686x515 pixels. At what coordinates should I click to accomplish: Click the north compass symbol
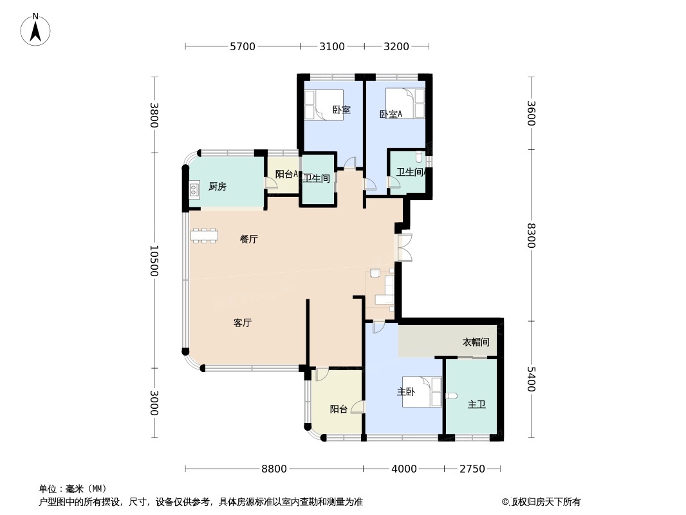click(x=35, y=29)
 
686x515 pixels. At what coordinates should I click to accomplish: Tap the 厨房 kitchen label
click(x=218, y=187)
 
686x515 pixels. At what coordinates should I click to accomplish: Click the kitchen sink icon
click(x=194, y=189)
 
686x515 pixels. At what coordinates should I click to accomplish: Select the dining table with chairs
click(x=204, y=235)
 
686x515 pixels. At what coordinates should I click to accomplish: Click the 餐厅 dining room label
click(x=249, y=239)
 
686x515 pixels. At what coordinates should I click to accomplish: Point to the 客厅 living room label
click(x=242, y=323)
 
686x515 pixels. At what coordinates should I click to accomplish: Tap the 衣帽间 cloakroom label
click(x=476, y=342)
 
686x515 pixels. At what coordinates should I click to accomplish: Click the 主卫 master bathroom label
click(x=476, y=405)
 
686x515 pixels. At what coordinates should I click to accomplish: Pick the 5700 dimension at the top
click(x=243, y=46)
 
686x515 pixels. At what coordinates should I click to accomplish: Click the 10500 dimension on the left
click(x=154, y=261)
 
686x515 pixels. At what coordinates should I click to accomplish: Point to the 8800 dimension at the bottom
click(x=274, y=469)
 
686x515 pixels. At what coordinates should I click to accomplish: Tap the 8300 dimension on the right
click(x=531, y=235)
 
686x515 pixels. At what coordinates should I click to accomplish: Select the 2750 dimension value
click(x=472, y=469)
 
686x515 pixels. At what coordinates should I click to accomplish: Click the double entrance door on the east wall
click(x=405, y=247)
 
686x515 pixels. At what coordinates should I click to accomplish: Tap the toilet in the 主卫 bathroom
click(x=450, y=395)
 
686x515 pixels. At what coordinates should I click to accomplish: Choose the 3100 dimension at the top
click(x=332, y=46)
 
